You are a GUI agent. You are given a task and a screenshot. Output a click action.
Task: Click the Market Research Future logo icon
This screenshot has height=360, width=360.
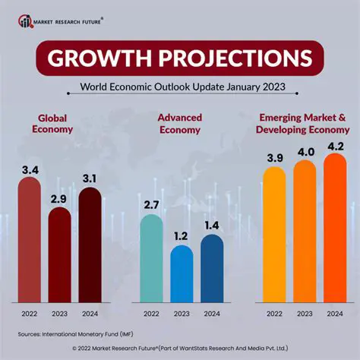tap(27, 21)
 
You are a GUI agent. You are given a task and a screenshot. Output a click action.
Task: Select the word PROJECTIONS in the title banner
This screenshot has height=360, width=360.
tap(232, 59)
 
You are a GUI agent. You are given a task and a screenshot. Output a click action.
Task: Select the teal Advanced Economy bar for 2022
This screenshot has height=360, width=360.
tap(150, 258)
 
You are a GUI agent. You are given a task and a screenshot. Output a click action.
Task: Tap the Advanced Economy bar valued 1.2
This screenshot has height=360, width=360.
tap(182, 273)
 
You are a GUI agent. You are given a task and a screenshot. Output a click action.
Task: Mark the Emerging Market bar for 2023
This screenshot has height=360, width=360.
tap(305, 232)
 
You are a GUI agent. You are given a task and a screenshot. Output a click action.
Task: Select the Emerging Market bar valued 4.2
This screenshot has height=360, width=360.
tap(334, 228)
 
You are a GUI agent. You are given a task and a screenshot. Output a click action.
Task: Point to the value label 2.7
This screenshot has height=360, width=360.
tap(150, 205)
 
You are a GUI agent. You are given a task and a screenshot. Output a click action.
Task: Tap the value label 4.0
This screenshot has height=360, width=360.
tap(305, 152)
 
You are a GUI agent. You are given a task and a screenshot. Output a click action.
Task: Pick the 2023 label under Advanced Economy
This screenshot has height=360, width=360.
tap(182, 312)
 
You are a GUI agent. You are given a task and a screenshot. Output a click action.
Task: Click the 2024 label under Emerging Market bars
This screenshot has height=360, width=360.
tap(334, 312)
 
